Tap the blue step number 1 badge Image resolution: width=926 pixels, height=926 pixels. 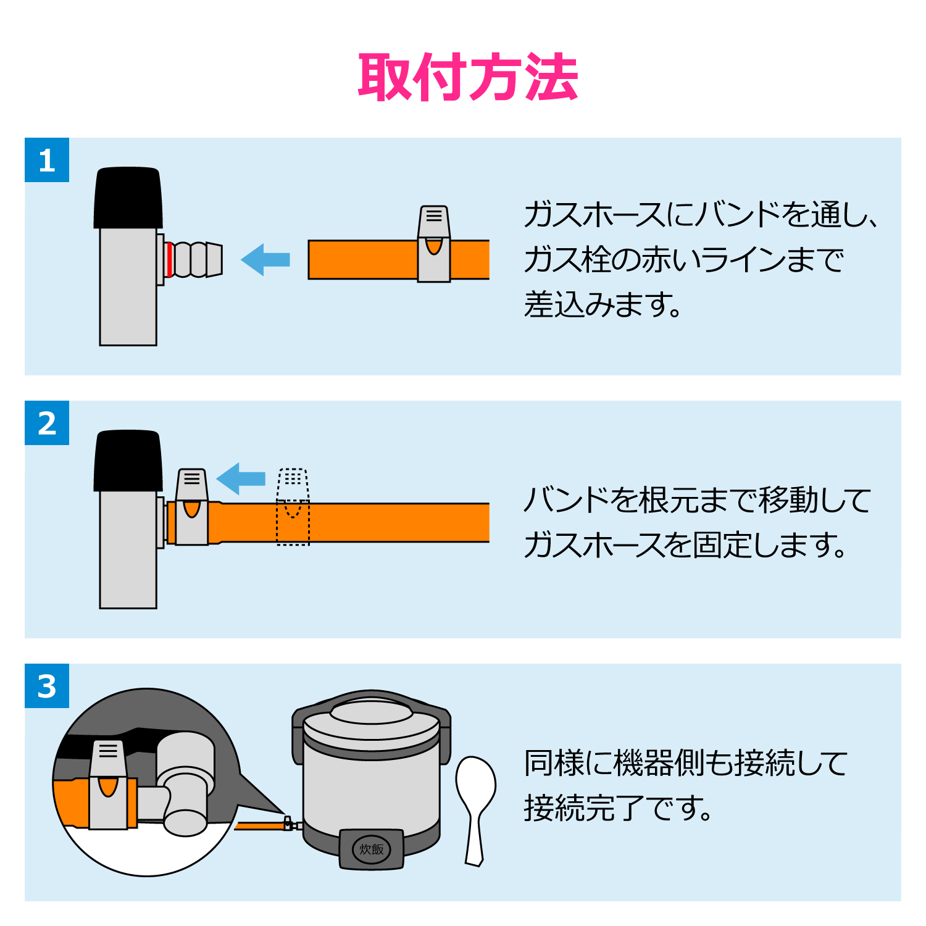pyautogui.click(x=47, y=160)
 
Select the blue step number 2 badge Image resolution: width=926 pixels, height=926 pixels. pyautogui.click(x=47, y=423)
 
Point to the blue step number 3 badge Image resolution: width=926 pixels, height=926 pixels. pyautogui.click(x=47, y=686)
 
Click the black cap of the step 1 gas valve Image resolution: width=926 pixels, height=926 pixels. pyautogui.click(x=128, y=198)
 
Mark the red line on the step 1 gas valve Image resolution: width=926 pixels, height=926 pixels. pyautogui.click(x=169, y=259)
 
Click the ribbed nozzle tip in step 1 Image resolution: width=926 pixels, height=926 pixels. pyautogui.click(x=196, y=259)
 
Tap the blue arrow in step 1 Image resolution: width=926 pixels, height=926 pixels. pyautogui.click(x=265, y=259)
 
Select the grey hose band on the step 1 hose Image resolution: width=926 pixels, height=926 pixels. pyautogui.click(x=434, y=244)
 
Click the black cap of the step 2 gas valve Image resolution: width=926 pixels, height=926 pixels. pyautogui.click(x=128, y=461)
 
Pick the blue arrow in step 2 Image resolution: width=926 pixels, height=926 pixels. pyautogui.click(x=241, y=478)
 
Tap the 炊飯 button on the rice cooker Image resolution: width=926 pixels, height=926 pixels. pyautogui.click(x=372, y=849)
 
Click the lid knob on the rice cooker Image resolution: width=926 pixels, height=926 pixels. pyautogui.click(x=371, y=711)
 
